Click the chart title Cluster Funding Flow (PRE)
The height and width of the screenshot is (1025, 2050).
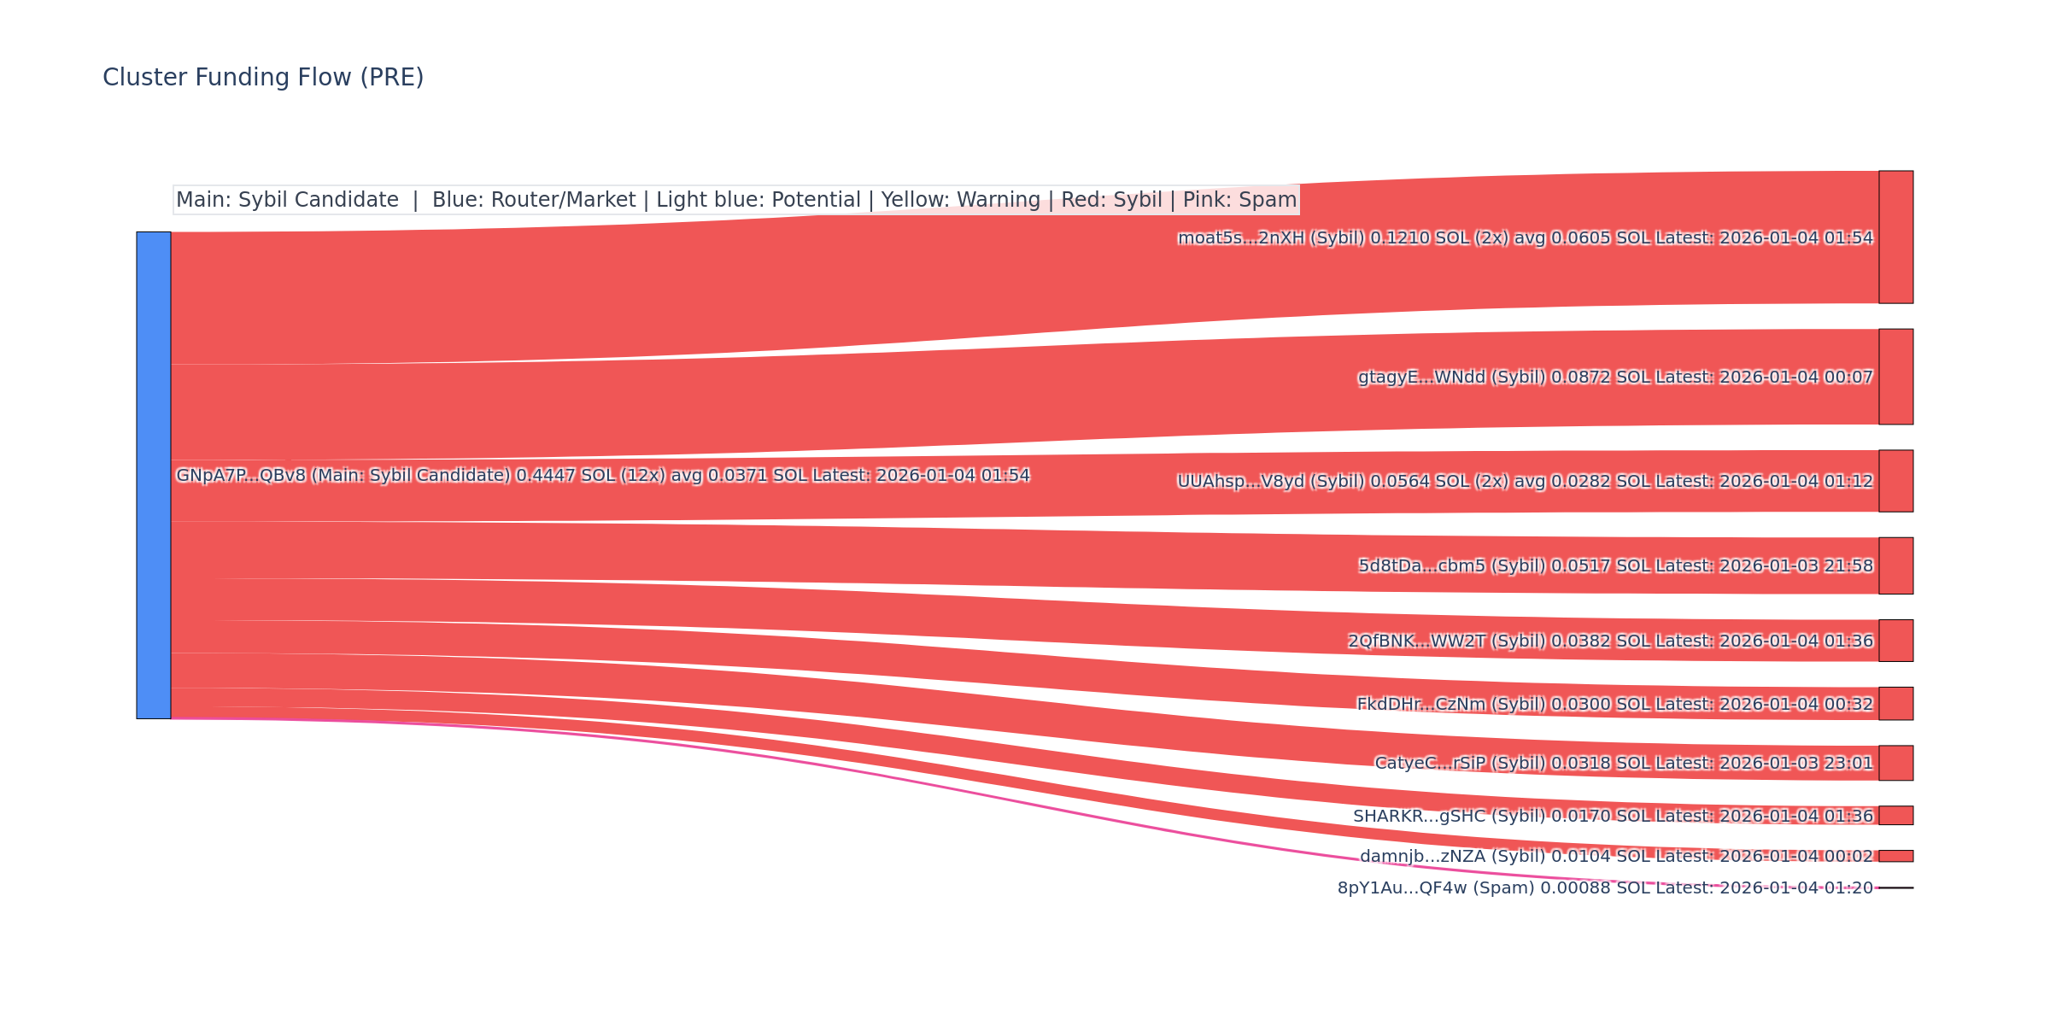pos(263,78)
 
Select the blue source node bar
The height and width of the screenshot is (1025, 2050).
pos(154,475)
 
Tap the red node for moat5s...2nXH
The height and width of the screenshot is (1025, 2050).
pos(1895,237)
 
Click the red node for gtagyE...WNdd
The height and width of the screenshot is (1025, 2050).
pos(1895,377)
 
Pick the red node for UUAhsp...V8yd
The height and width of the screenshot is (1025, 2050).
pos(1895,481)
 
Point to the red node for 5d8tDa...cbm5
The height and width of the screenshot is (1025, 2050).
pos(1895,565)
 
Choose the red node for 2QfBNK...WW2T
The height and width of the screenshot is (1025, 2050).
pos(1895,641)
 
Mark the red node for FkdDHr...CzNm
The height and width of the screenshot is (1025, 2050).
pos(1895,704)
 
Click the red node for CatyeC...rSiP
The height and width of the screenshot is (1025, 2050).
pos(1895,763)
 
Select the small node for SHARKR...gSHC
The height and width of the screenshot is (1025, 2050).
pos(1895,816)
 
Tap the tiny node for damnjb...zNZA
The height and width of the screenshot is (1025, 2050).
pos(1895,856)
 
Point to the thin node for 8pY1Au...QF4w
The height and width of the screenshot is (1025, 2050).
pos(1895,888)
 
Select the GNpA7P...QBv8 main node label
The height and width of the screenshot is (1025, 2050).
pos(602,476)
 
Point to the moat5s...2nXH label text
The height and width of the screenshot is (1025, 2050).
pos(1525,238)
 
